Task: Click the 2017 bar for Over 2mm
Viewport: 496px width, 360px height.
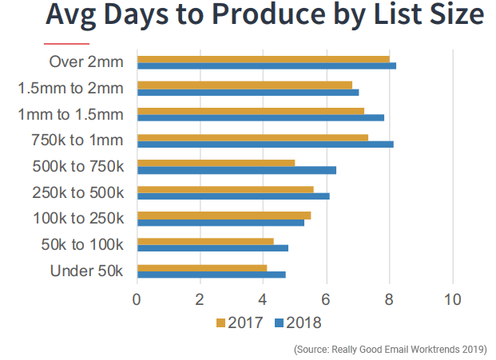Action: [264, 58]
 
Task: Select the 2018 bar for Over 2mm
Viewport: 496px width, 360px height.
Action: [267, 65]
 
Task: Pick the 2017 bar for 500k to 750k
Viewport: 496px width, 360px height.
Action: [216, 163]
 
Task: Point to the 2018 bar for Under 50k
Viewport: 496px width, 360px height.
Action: [211, 275]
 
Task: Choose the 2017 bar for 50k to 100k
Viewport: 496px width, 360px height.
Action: [205, 241]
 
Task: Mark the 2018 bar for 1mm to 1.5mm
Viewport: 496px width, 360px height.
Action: [260, 117]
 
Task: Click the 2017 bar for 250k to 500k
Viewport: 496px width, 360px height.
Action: [225, 189]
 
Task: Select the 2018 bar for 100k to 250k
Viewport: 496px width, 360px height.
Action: [220, 222]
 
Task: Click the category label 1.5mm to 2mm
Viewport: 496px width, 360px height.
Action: [71, 88]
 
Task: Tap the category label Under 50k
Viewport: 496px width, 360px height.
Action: [87, 271]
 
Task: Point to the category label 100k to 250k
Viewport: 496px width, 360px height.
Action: [78, 218]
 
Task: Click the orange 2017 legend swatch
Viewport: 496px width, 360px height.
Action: [221, 323]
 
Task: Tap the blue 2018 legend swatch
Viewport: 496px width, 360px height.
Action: [279, 323]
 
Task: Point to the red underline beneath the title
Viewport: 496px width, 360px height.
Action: [66, 42]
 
